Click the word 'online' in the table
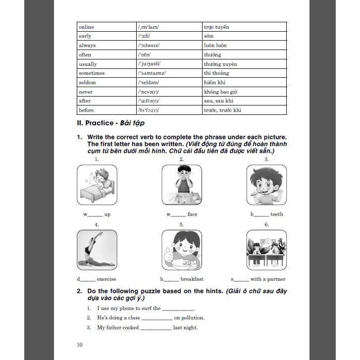coord(86,27)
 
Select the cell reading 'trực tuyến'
coord(216,27)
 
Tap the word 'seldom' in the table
coord(87,82)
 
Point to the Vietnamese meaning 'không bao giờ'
coord(220,92)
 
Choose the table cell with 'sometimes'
coord(92,73)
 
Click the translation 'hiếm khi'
coord(214,82)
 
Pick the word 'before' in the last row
coord(86,110)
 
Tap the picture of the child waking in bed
coord(97,184)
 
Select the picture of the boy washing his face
coord(182,184)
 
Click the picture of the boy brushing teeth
coord(266,184)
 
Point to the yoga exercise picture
coord(97,250)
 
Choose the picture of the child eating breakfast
coord(182,250)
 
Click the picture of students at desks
coord(266,250)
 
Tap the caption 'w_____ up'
coord(97,214)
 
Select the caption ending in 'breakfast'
coord(181,279)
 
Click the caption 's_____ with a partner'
coord(258,279)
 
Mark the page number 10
coord(80,345)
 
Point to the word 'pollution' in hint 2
coord(193,317)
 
